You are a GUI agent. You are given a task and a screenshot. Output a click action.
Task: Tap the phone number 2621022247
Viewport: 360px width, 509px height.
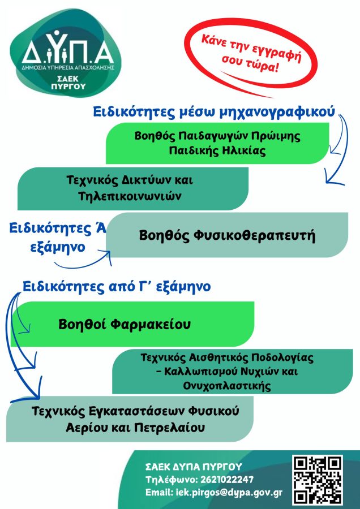tap(227, 480)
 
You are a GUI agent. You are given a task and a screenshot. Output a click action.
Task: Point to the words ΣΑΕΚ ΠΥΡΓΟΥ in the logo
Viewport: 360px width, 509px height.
tap(68, 83)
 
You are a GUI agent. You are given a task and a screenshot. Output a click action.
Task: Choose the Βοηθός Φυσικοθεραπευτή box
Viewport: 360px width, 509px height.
tap(227, 235)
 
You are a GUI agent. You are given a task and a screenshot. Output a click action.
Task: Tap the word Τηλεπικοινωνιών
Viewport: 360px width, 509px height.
tap(130, 196)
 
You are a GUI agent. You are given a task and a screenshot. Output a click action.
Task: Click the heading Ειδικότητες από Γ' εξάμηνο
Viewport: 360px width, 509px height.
tap(117, 287)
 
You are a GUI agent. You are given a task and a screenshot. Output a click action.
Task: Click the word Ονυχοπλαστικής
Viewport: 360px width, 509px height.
tap(227, 386)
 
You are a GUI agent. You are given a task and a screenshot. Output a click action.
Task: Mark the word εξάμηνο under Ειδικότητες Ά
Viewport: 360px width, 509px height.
tap(58, 247)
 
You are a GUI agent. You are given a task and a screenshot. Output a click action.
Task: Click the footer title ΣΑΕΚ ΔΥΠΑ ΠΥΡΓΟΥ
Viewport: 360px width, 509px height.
tap(194, 467)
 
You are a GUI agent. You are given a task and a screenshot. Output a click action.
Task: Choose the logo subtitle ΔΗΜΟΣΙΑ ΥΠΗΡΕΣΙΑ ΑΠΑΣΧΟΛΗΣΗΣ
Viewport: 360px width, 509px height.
tap(67, 67)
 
